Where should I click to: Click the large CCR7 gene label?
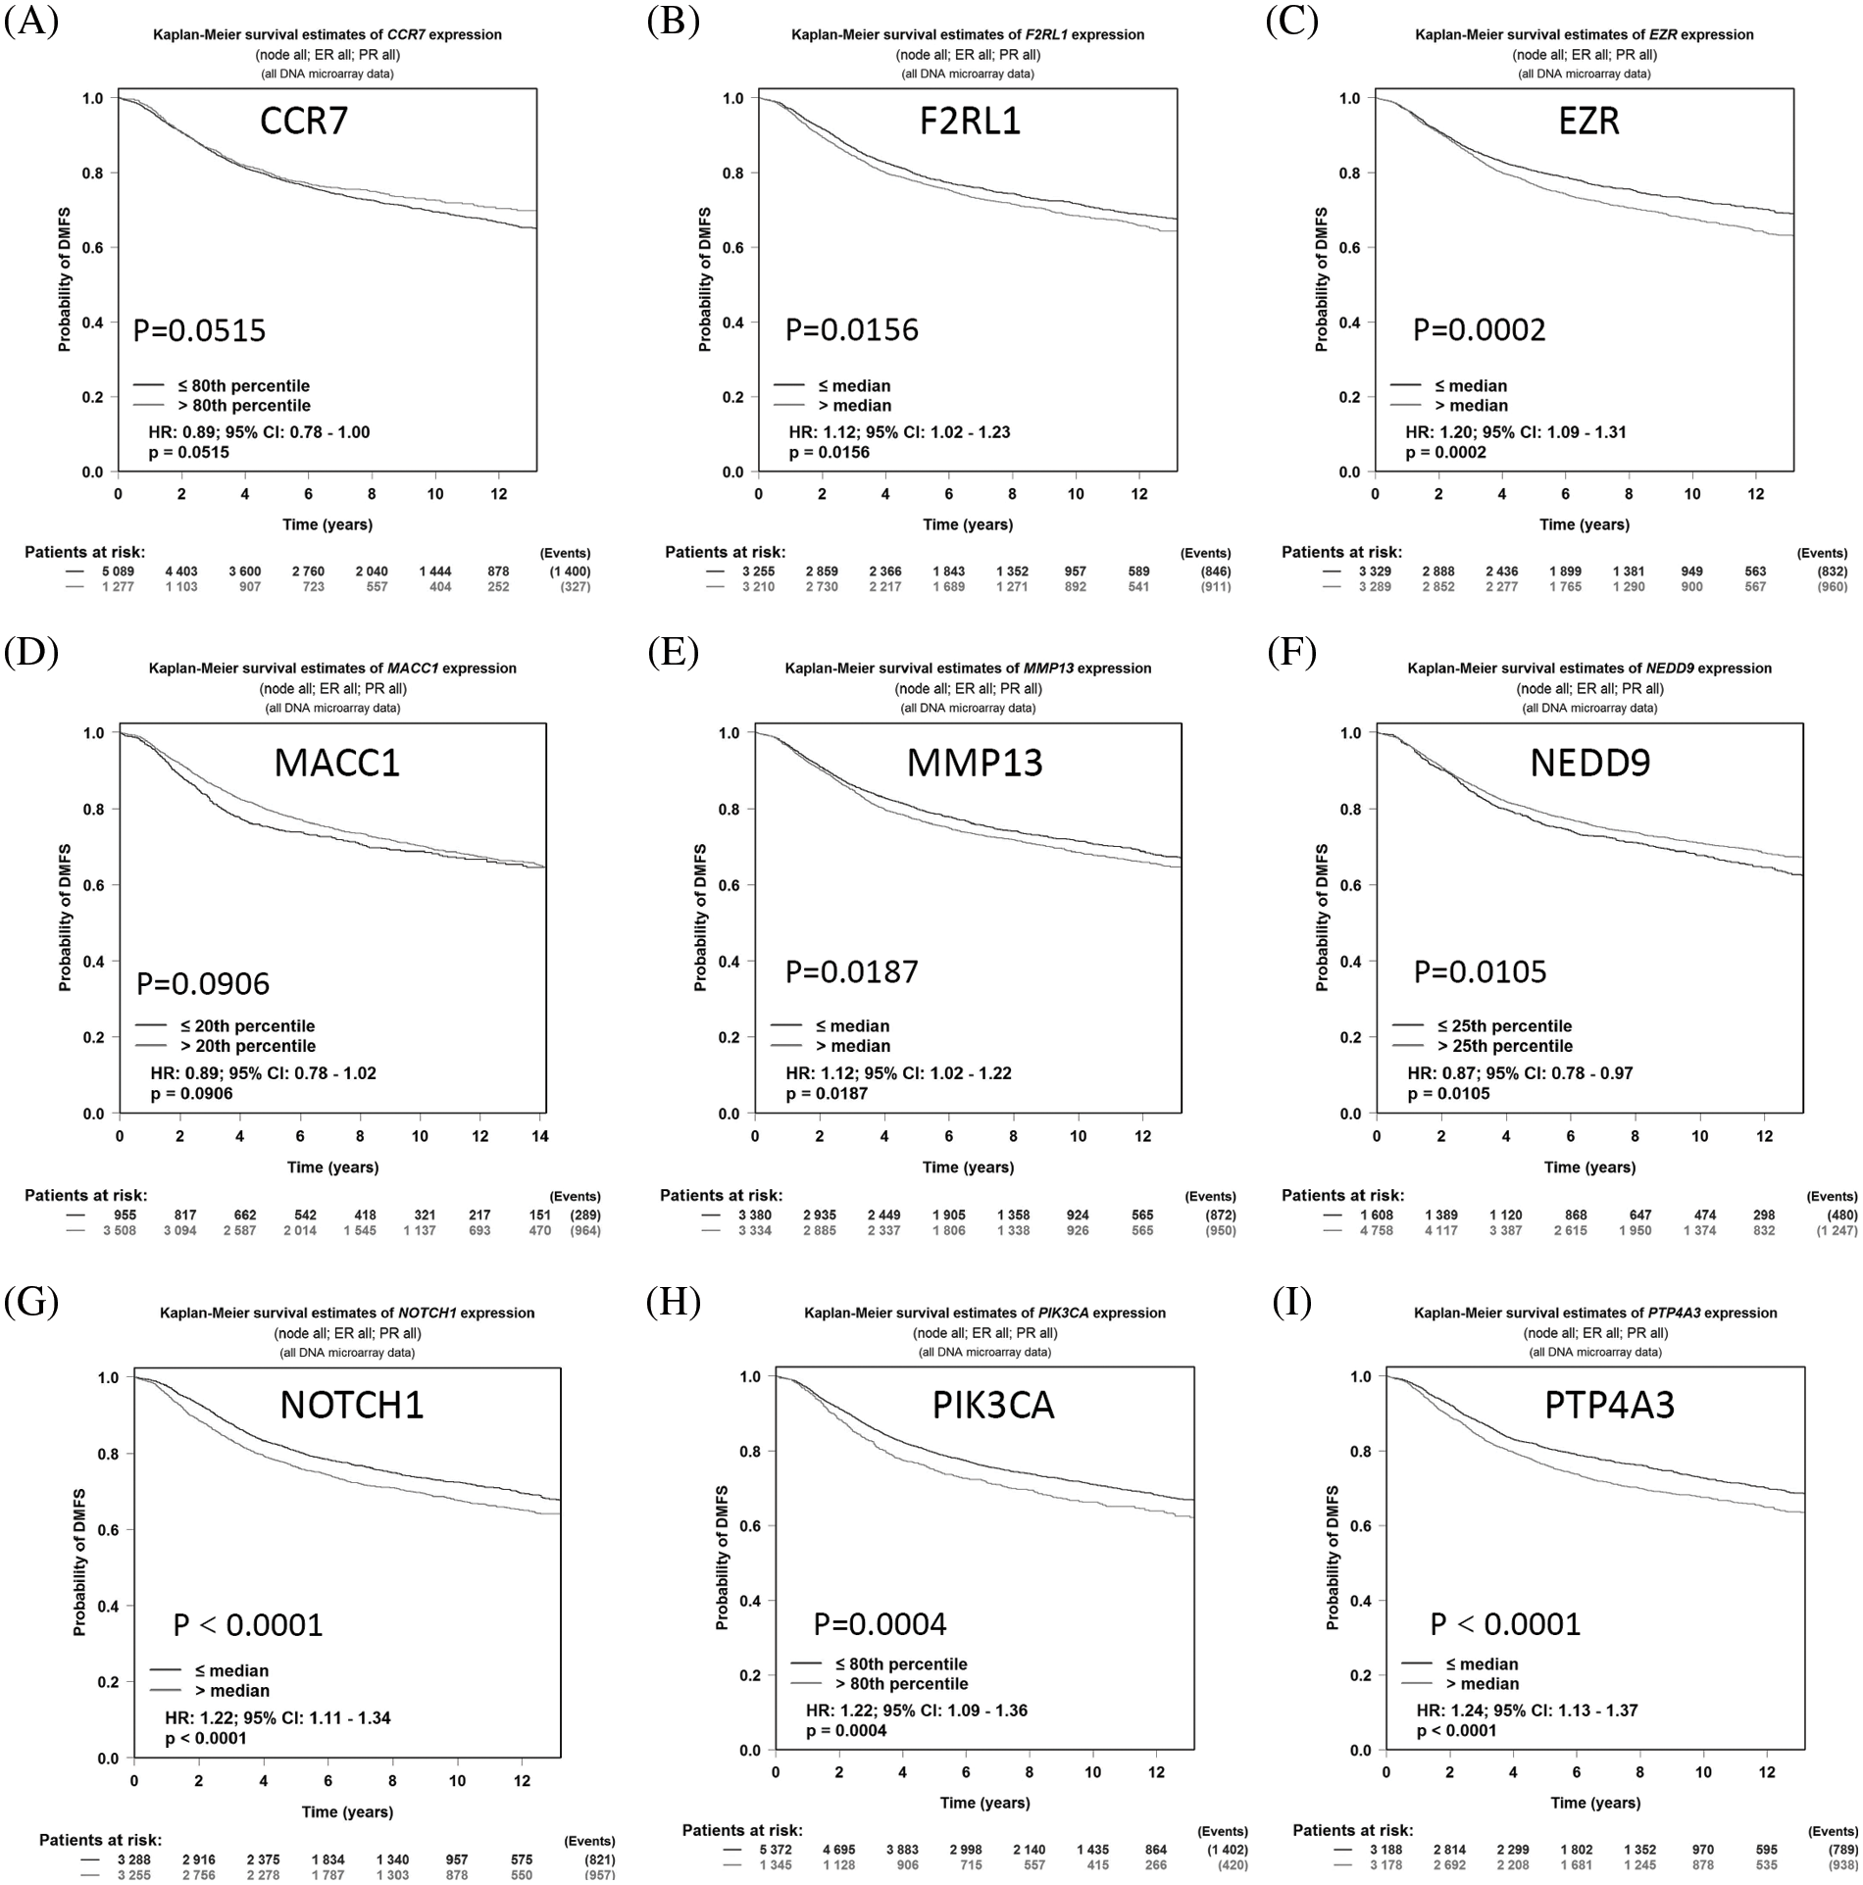pyautogui.click(x=304, y=121)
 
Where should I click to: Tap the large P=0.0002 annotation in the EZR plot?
pyautogui.click(x=1479, y=330)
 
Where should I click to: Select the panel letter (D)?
pyautogui.click(x=31, y=653)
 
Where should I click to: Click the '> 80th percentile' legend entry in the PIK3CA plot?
pyautogui.click(x=901, y=1683)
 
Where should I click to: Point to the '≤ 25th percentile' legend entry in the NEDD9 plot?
pyautogui.click(x=1504, y=1025)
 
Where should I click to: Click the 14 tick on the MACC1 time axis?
pyautogui.click(x=539, y=1136)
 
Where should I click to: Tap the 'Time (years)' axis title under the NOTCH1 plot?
pyautogui.click(x=347, y=1811)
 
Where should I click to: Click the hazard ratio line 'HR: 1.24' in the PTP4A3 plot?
pyautogui.click(x=1527, y=1710)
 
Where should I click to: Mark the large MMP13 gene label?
pyautogui.click(x=974, y=763)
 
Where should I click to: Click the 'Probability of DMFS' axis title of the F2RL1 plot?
pyautogui.click(x=704, y=279)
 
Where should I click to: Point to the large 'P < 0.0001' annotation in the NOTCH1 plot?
pyautogui.click(x=248, y=1624)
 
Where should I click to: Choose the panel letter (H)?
pyautogui.click(x=674, y=1303)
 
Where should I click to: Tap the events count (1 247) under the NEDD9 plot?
pyautogui.click(x=1833, y=1230)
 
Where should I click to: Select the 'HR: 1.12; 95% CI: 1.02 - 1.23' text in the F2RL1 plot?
pyautogui.click(x=899, y=431)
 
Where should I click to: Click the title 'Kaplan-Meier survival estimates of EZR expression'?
pyautogui.click(x=1584, y=34)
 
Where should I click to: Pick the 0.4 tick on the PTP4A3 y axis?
pyautogui.click(x=1360, y=1601)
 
